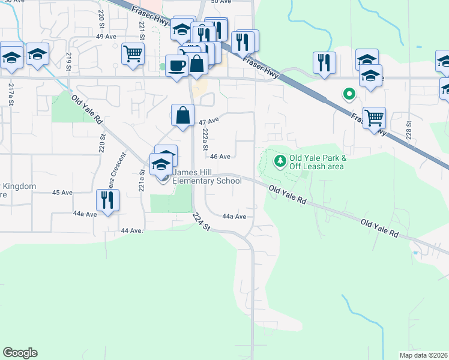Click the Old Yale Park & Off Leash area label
point(317,162)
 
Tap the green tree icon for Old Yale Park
point(279,160)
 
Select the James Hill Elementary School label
point(207,176)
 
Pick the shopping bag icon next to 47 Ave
point(182,115)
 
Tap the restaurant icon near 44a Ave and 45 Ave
point(107,200)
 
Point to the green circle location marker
point(348,94)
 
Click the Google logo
point(20,353)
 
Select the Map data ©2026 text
point(423,355)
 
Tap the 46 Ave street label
point(221,157)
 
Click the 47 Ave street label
point(209,121)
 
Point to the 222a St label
point(205,139)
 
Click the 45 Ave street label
point(62,193)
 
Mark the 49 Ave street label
point(106,37)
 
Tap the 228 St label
point(408,128)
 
